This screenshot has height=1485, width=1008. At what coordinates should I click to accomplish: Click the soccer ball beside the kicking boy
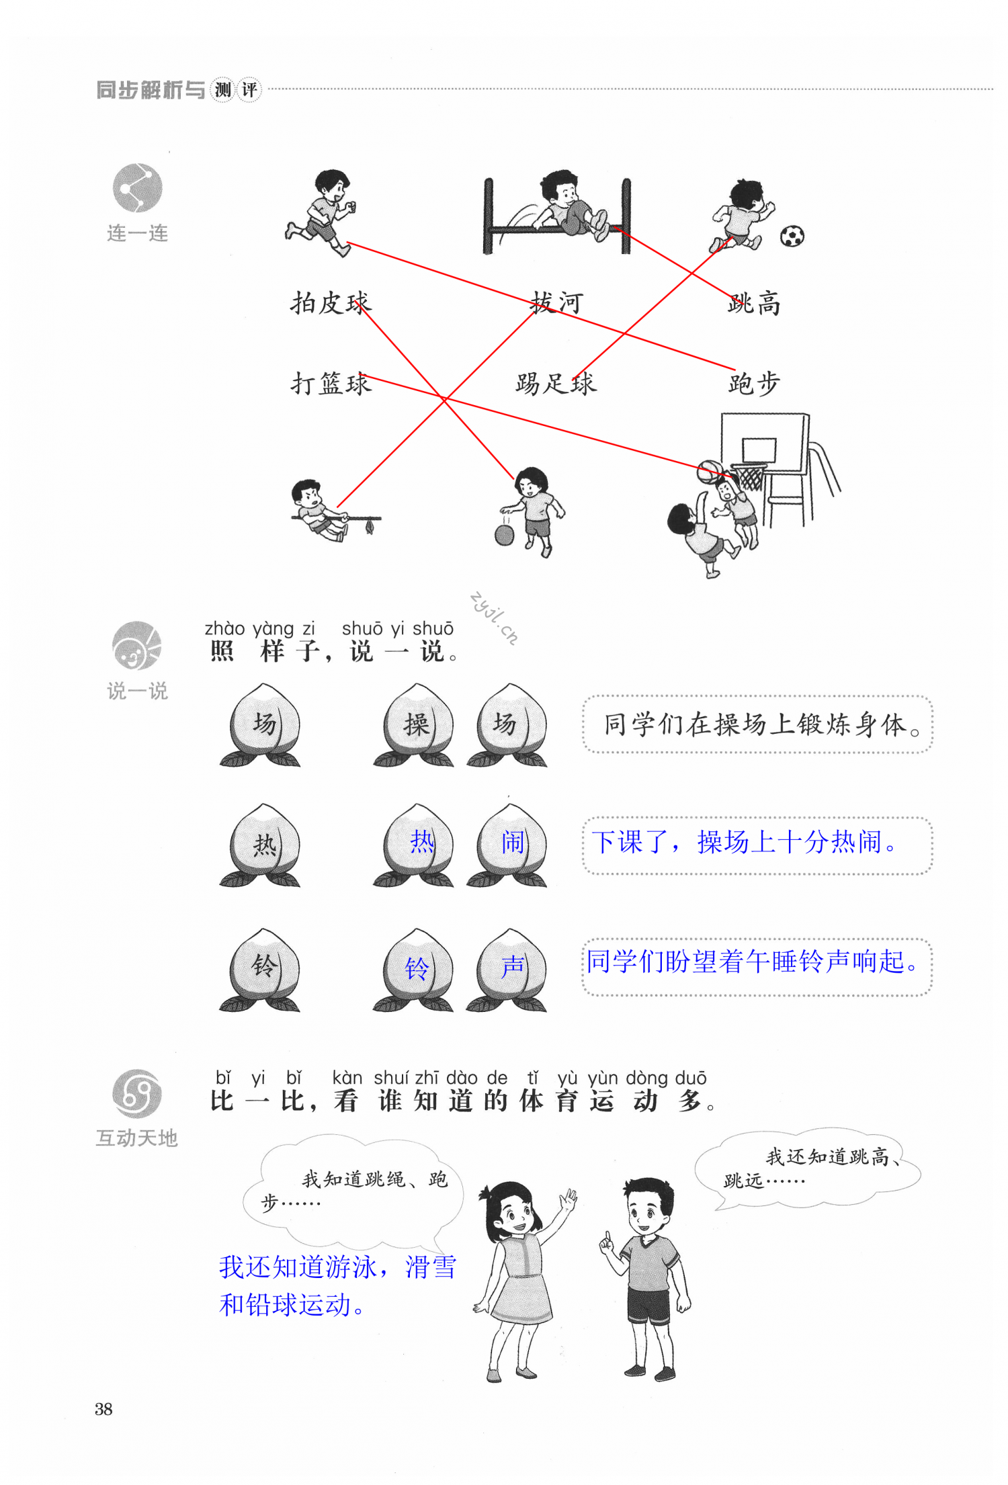792,236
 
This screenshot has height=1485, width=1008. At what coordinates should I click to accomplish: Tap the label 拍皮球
331,303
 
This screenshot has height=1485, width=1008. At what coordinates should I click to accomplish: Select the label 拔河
556,303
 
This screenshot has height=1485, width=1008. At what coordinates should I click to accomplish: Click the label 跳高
754,304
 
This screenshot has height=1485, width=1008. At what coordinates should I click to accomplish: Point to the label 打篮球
331,384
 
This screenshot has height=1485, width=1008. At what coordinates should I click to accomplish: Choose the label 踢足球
556,384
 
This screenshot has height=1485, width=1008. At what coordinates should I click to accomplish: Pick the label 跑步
754,384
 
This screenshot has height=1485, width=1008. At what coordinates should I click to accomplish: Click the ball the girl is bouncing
504,535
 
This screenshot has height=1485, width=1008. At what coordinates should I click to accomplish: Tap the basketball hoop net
750,478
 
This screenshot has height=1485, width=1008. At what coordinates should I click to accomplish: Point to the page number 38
103,1409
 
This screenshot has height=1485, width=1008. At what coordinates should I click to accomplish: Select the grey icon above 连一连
137,188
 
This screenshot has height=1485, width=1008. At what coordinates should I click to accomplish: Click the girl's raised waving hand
569,1198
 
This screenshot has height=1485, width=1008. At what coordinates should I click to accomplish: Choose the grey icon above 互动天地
137,1094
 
